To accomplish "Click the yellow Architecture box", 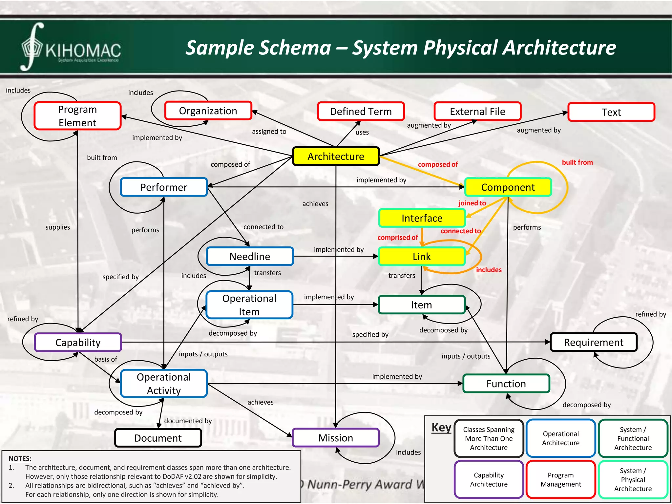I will (336, 157).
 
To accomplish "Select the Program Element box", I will (77, 116).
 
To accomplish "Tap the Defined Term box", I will (361, 112).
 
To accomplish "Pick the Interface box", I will (422, 218).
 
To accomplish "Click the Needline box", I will (250, 256).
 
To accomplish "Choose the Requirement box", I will (593, 342).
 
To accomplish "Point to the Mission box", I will (335, 438).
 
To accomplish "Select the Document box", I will (158, 438).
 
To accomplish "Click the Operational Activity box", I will (164, 384).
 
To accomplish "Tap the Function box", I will (506, 384).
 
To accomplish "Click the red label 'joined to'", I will (472, 203).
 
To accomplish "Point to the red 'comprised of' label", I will (397, 238).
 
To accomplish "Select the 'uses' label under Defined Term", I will (362, 133).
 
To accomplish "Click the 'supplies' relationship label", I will (58, 227).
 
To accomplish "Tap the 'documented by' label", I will (188, 421).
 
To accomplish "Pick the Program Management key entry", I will (560, 479).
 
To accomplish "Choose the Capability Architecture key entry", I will (489, 479).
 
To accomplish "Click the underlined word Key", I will (441, 428).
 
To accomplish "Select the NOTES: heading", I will (20, 459).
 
